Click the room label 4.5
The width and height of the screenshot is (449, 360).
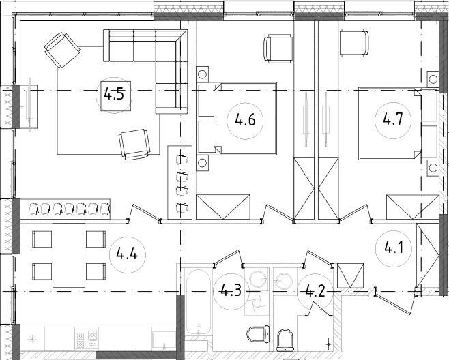[114, 94]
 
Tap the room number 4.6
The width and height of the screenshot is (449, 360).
[245, 121]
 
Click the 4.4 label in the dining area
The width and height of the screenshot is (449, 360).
[128, 256]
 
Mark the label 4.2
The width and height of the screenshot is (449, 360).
[315, 292]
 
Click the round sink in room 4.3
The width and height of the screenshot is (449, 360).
[259, 279]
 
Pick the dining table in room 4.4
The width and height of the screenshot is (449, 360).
[68, 254]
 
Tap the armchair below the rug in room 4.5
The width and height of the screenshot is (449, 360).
[134, 144]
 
